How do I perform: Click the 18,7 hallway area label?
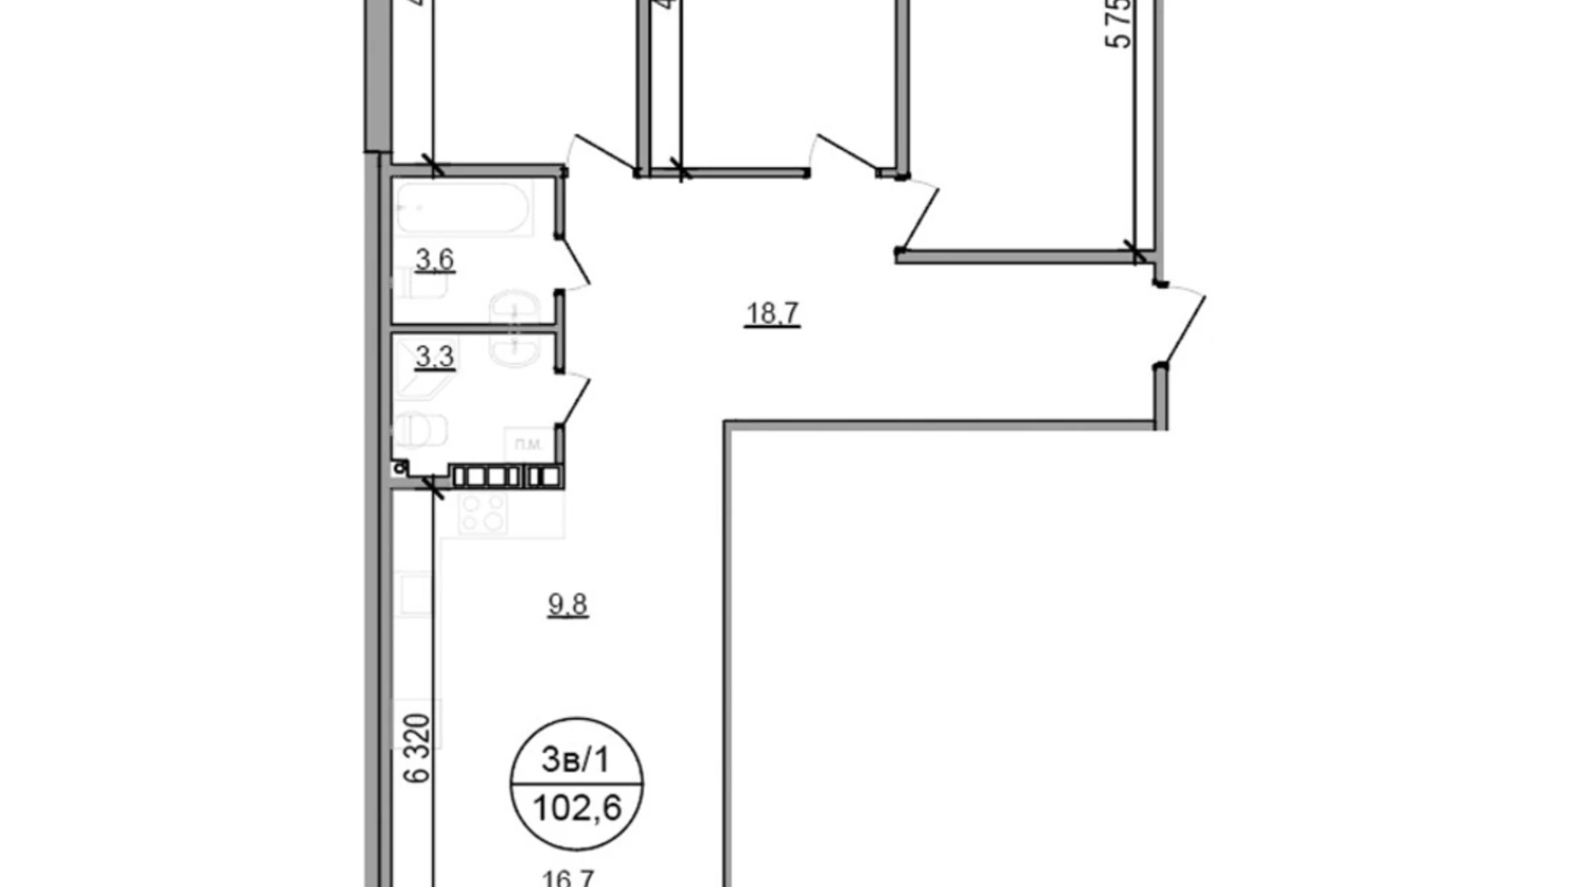(771, 314)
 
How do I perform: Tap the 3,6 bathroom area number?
(435, 259)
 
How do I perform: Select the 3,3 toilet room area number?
(435, 357)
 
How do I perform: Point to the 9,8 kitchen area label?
(568, 605)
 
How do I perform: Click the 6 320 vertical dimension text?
(418, 748)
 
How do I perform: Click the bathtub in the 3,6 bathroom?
(464, 208)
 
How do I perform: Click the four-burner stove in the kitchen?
(482, 513)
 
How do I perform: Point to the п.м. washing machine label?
(529, 444)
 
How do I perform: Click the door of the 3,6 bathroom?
(575, 263)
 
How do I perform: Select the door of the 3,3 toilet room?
(575, 399)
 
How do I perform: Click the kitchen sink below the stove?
(416, 594)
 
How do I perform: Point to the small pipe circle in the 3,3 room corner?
(399, 468)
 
